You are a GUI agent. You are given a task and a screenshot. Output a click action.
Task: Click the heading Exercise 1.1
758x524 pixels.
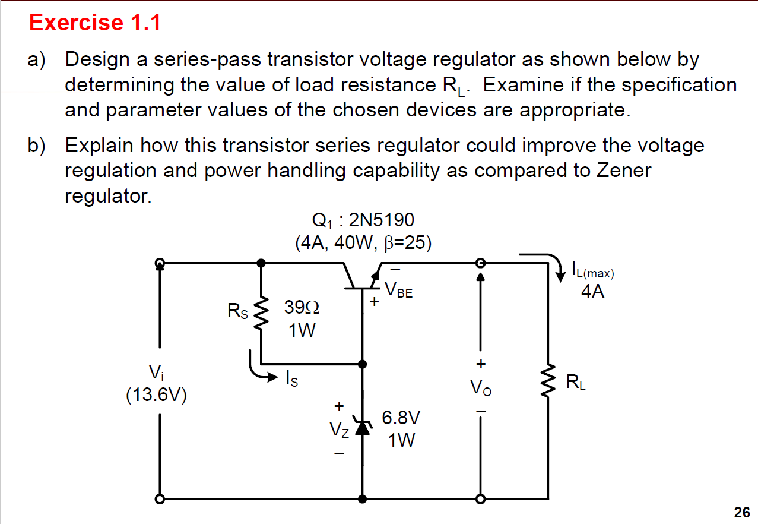[x=95, y=23]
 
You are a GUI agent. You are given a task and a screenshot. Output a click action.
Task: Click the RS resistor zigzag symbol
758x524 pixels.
[x=261, y=312]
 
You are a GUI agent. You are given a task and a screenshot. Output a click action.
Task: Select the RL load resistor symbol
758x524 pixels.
[x=547, y=382]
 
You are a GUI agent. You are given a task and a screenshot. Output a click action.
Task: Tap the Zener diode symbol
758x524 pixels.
[x=362, y=427]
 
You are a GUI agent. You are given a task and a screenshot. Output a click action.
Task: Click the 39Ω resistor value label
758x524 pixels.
[x=302, y=308]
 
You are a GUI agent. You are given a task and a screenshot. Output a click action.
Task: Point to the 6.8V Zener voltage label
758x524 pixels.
[x=401, y=418]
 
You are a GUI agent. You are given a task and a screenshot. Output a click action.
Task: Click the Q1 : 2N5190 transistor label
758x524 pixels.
[x=363, y=221]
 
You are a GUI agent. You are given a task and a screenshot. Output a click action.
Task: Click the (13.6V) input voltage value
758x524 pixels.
[x=157, y=396]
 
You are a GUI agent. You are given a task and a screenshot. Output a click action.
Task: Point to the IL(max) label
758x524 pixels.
[x=593, y=273]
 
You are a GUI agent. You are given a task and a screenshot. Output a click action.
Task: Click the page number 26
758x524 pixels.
[x=741, y=512]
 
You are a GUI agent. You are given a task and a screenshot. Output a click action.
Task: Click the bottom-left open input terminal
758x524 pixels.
[x=159, y=499]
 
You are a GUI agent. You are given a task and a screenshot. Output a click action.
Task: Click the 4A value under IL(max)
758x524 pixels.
[x=593, y=292]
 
